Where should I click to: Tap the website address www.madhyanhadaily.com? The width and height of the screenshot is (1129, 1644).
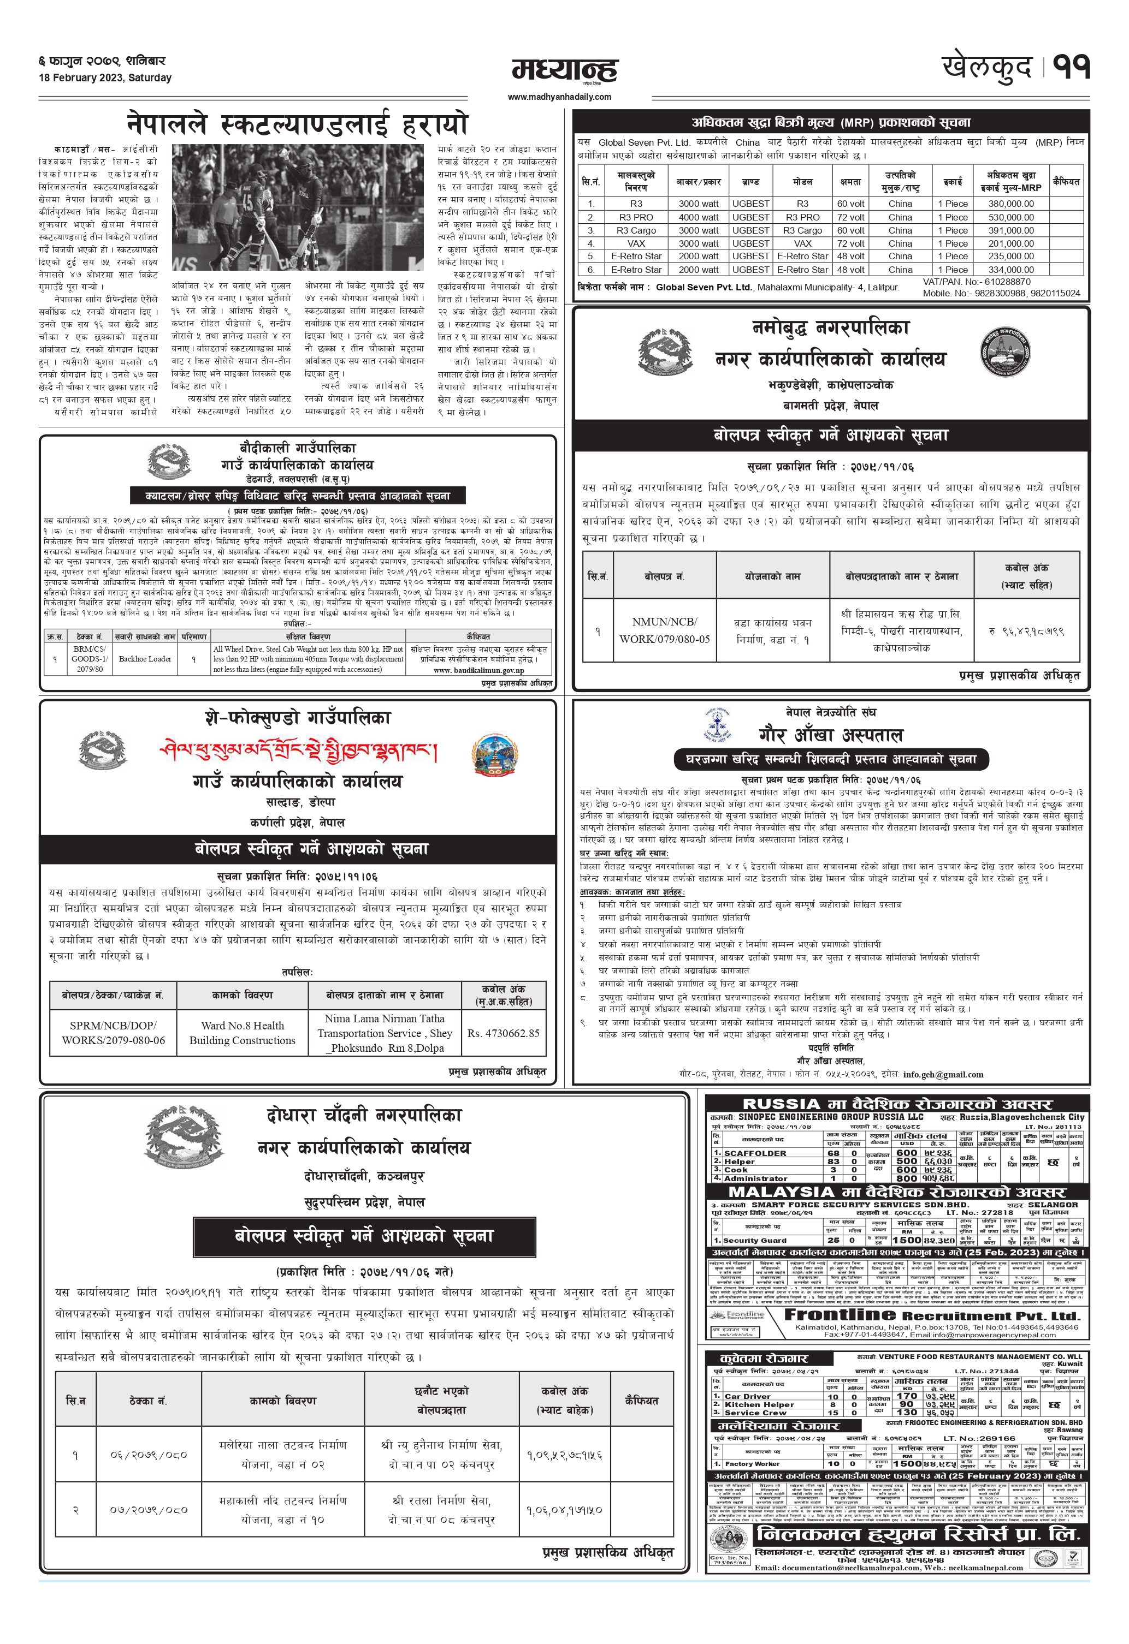(559, 97)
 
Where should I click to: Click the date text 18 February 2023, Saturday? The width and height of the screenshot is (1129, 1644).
(105, 78)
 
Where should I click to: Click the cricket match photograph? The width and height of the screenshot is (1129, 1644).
(298, 207)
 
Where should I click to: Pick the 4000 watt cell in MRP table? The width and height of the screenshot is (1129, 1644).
(698, 217)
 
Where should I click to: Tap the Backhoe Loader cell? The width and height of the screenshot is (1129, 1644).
(145, 659)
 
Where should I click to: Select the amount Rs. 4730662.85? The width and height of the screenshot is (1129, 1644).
(503, 1034)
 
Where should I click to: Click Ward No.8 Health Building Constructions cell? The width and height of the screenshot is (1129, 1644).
(242, 1033)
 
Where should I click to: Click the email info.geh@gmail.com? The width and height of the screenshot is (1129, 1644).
(943, 1074)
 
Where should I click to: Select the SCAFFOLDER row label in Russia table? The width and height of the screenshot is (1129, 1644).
(755, 1153)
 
